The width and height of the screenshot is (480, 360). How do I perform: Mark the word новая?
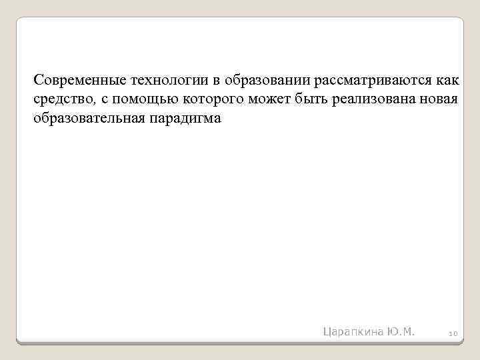439,101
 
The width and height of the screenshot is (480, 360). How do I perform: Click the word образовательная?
83,120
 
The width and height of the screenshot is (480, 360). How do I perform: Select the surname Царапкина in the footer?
353,331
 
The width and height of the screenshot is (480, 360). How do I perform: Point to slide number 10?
452,333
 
